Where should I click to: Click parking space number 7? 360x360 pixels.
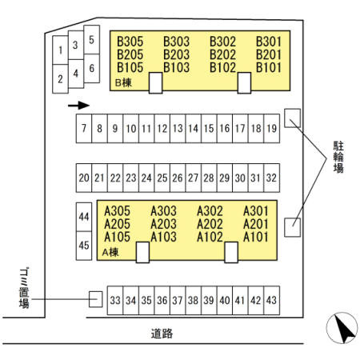pyautogui.click(x=84, y=129)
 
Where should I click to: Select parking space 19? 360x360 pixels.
pyautogui.click(x=272, y=129)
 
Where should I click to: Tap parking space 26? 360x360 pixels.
pyautogui.click(x=178, y=178)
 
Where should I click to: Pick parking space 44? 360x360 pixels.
pyautogui.click(x=84, y=217)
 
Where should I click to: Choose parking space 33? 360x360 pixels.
pyautogui.click(x=115, y=301)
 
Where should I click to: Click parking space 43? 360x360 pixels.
pyautogui.click(x=272, y=301)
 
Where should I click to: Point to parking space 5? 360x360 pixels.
pyautogui.click(x=92, y=40)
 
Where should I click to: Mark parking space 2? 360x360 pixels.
pyautogui.click(x=60, y=79)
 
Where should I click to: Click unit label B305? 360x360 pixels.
pyautogui.click(x=130, y=42)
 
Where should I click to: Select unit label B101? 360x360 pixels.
pyautogui.click(x=269, y=67)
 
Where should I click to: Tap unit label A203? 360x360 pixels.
pyautogui.click(x=163, y=224)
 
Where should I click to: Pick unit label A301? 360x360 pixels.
pyautogui.click(x=255, y=211)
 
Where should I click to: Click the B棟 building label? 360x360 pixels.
pyautogui.click(x=123, y=83)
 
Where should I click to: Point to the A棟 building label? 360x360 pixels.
pyautogui.click(x=110, y=252)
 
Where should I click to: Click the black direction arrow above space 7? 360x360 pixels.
pyautogui.click(x=78, y=106)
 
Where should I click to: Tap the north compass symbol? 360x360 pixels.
pyautogui.click(x=342, y=328)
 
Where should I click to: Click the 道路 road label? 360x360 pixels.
pyautogui.click(x=162, y=334)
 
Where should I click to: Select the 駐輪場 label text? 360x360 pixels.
pyautogui.click(x=338, y=157)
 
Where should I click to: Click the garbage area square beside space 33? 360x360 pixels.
pyautogui.click(x=95, y=299)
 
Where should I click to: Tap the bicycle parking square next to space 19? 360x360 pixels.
pyautogui.click(x=292, y=118)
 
